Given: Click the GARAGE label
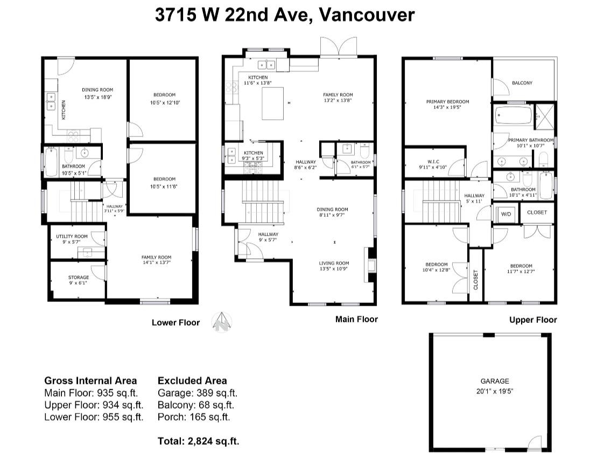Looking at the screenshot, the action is pos(494,381).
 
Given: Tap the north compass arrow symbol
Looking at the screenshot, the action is pos(222,322).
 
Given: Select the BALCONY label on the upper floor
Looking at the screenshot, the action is pos(522,82).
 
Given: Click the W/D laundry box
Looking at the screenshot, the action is pos(506,214).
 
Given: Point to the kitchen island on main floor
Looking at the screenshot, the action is pos(272,103).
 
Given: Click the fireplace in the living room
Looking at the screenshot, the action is pos(370,265).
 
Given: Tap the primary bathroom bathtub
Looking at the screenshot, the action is pos(514,115).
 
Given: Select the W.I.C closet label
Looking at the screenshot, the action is pos(433,162).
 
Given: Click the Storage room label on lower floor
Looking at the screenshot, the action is pos(78,278).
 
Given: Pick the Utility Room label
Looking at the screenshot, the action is pos(72,236).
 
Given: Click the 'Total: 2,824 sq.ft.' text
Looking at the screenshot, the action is pos(198,440).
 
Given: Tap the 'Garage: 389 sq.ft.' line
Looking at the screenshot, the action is pos(197,393).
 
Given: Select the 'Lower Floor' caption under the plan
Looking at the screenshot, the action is pos(175,322).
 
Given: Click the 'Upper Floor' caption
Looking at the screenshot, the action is pos(533,320).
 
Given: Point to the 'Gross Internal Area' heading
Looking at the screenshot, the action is pos(90,381).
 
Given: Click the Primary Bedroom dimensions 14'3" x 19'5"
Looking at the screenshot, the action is pos(447,107).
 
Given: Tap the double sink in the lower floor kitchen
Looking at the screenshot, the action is pos(51,102).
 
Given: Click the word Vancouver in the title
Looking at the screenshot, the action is pos(367,16).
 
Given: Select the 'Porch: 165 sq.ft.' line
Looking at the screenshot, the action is pos(194,417).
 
